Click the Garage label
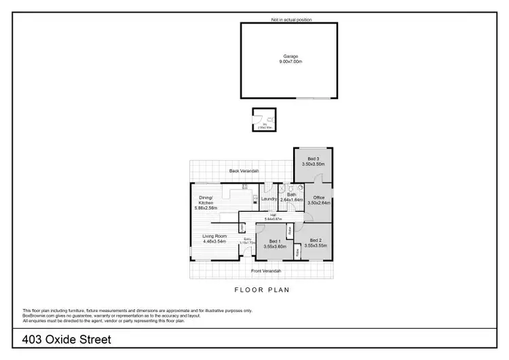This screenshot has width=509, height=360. (x=291, y=56)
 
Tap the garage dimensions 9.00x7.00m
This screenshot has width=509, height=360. (x=291, y=62)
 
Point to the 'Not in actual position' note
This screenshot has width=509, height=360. (x=291, y=20)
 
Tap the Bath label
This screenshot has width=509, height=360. (x=291, y=195)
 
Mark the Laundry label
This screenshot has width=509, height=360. (x=270, y=199)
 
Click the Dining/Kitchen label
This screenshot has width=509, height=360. (x=206, y=200)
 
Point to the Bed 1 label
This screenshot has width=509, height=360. (x=274, y=241)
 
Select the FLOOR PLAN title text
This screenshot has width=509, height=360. (x=262, y=290)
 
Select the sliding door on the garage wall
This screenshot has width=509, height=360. (x=309, y=98)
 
